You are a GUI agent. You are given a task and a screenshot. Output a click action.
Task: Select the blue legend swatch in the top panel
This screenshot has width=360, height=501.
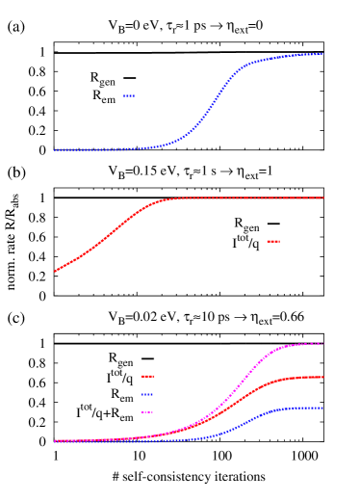pyautogui.click(x=129, y=96)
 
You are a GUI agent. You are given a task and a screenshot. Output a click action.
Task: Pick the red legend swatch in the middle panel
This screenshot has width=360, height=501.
pyautogui.click(x=273, y=241)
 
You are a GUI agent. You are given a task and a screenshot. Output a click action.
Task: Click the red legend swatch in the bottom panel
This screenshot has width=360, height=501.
pyautogui.click(x=147, y=376)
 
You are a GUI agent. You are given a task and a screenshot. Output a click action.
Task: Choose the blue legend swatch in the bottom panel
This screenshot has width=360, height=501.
pyautogui.click(x=147, y=394)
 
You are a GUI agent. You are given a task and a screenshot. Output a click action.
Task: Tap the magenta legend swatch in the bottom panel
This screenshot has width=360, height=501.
pyautogui.click(x=147, y=412)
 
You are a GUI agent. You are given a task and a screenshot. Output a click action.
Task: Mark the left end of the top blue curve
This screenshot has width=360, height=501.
pyautogui.click(x=56, y=149)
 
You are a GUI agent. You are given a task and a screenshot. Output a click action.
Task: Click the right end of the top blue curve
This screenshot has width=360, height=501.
pyautogui.click(x=322, y=54)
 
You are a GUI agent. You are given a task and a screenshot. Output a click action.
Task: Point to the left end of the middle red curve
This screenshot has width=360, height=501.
pyautogui.click(x=56, y=271)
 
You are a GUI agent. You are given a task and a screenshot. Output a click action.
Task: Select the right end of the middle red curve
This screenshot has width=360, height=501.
pyautogui.click(x=322, y=198)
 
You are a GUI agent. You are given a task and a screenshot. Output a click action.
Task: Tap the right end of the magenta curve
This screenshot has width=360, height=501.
pyautogui.click(x=322, y=343)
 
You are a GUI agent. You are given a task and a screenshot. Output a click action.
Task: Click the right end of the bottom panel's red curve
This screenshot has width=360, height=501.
pyautogui.click(x=322, y=377)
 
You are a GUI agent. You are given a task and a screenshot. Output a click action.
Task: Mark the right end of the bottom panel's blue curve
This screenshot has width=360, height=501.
pyautogui.click(x=322, y=408)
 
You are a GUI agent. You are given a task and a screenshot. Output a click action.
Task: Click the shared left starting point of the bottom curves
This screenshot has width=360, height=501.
pyautogui.click(x=56, y=440)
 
